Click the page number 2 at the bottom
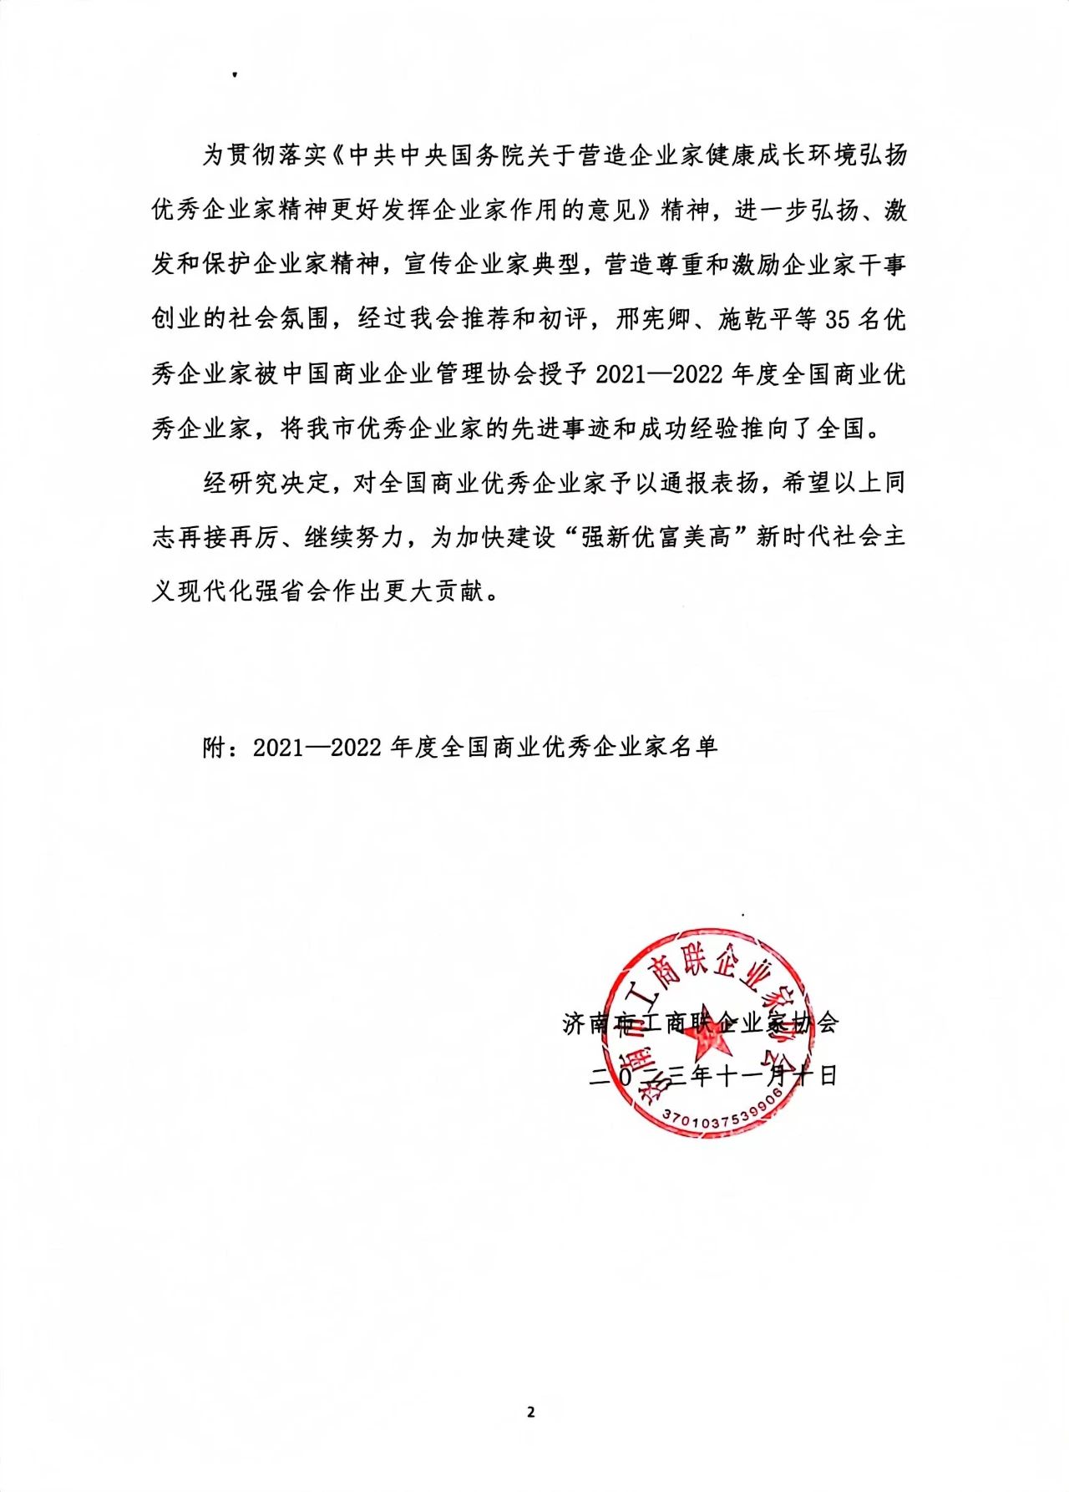530,1413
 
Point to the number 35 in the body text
837,319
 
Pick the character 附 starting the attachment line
214,746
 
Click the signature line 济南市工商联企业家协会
701,1022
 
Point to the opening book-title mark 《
336,156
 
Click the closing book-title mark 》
646,211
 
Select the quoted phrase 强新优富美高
656,537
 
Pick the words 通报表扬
709,483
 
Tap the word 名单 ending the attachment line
694,746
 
